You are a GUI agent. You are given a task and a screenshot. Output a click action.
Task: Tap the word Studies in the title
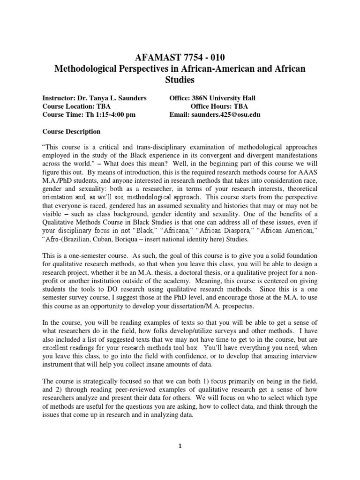point(180,81)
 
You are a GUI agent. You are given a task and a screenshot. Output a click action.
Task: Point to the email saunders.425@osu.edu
point(225,114)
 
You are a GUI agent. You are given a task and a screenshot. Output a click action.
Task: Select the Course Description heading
point(71,131)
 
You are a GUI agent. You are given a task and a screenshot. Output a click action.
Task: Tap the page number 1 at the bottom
point(180,446)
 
